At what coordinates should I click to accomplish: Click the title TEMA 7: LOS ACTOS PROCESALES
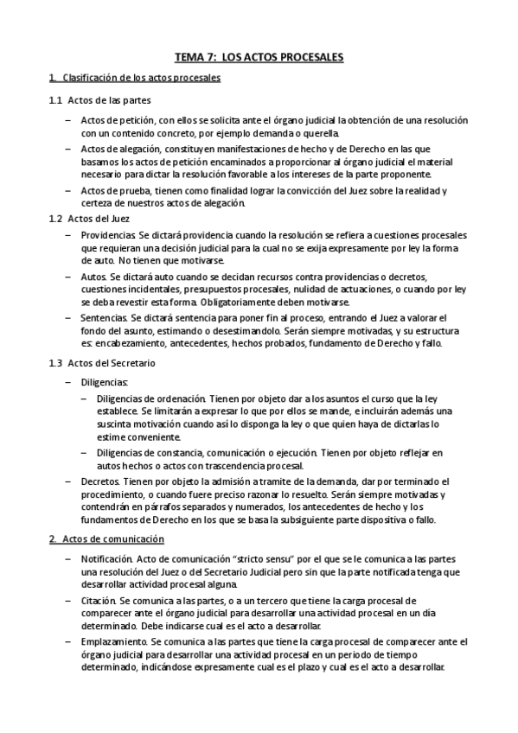pyautogui.click(x=259, y=58)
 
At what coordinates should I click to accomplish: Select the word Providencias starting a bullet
pyautogui.click(x=106, y=235)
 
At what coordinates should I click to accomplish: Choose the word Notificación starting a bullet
pyautogui.click(x=106, y=559)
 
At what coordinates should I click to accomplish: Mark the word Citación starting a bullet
pyautogui.click(x=99, y=600)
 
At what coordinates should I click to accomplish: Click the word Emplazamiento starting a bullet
pyautogui.click(x=113, y=641)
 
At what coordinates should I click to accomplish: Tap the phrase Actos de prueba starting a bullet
pyautogui.click(x=115, y=191)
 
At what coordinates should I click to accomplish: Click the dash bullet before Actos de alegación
pyautogui.click(x=67, y=150)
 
